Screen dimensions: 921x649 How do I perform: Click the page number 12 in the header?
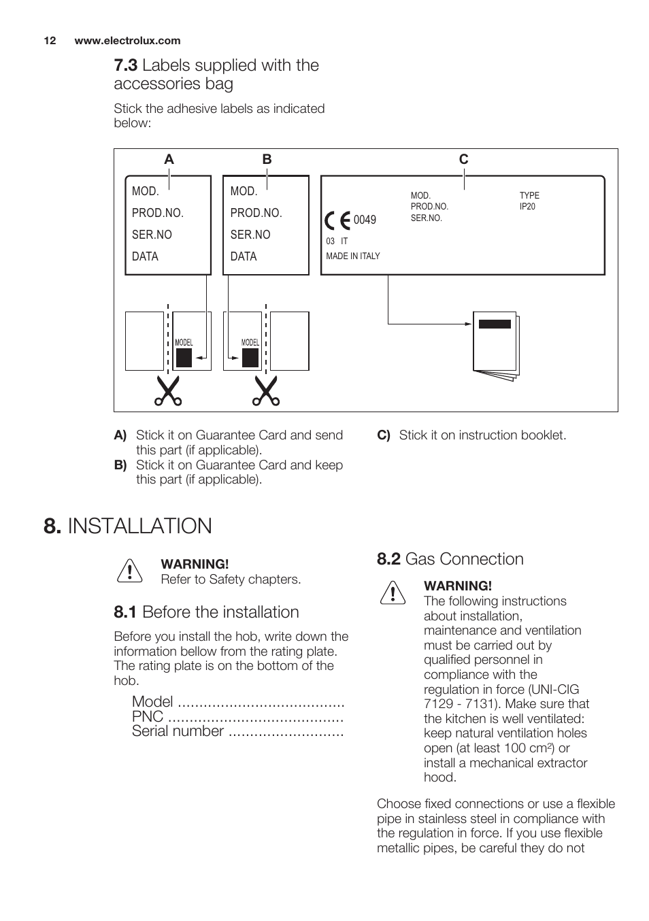click(x=50, y=41)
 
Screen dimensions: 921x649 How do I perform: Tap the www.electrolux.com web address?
click(x=127, y=41)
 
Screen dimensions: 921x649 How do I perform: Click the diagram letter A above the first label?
click(x=169, y=159)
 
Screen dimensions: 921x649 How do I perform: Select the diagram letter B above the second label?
click(x=267, y=159)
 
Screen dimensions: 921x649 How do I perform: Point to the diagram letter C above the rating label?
click(x=463, y=159)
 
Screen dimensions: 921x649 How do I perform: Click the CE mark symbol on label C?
click(x=337, y=220)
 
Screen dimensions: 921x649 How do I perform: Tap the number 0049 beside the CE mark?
click(x=365, y=220)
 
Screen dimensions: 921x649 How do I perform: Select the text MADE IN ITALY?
click(x=353, y=256)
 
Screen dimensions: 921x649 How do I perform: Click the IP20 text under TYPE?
click(x=527, y=207)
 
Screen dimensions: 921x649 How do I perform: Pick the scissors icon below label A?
click(x=167, y=391)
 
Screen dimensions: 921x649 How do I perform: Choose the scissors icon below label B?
click(x=266, y=391)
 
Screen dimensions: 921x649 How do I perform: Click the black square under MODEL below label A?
click(x=184, y=358)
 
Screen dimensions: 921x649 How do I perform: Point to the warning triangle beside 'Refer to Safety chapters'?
click(x=129, y=571)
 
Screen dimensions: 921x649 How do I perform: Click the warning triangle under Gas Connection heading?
click(x=393, y=593)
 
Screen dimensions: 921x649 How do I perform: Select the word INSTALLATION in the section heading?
click(x=140, y=526)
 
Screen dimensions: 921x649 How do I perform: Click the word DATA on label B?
click(x=244, y=256)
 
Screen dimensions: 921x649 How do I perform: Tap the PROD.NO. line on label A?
click(x=158, y=213)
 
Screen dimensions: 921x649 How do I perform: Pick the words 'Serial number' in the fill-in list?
click(x=178, y=731)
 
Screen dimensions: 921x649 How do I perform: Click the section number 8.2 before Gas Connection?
click(x=388, y=559)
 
